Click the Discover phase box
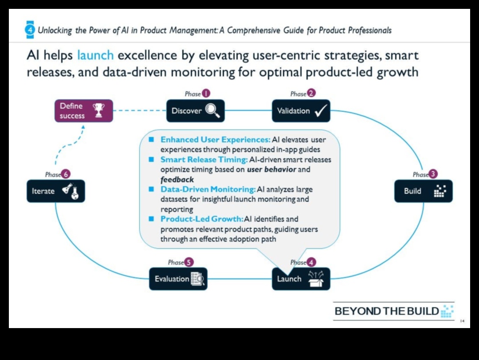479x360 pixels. click(x=195, y=111)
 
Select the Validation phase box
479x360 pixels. click(x=301, y=111)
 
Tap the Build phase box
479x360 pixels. click(x=423, y=191)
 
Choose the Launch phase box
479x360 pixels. click(x=301, y=279)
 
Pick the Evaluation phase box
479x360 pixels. click(x=178, y=279)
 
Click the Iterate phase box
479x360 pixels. click(x=55, y=191)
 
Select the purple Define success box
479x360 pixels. click(x=83, y=111)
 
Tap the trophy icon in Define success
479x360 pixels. click(x=98, y=110)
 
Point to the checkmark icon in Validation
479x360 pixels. click(x=320, y=111)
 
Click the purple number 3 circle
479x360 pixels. click(x=433, y=174)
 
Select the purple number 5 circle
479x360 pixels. click(x=188, y=262)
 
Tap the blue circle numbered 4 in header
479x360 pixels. click(x=30, y=30)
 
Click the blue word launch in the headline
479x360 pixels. click(x=95, y=56)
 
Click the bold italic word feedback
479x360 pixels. click(x=177, y=180)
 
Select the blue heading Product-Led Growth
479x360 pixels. click(x=202, y=219)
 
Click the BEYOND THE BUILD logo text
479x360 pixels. click(x=387, y=311)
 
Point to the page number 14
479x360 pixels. click(x=463, y=321)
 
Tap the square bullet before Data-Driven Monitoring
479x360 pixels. click(x=151, y=189)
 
